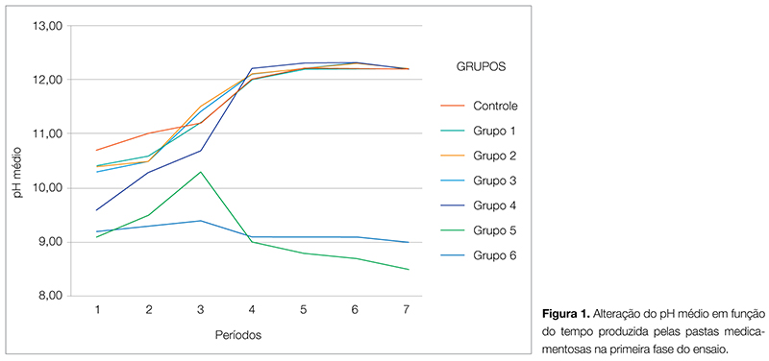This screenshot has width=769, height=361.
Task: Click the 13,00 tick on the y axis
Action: pyautogui.click(x=46, y=25)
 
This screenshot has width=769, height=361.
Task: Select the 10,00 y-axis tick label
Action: pyautogui.click(x=46, y=187)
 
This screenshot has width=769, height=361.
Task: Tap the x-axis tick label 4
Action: pyautogui.click(x=251, y=309)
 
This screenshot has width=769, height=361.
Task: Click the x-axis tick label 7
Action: pyautogui.click(x=408, y=309)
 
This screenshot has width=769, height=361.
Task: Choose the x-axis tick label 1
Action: pyautogui.click(x=97, y=309)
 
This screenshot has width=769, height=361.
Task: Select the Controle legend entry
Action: pyautogui.click(x=495, y=105)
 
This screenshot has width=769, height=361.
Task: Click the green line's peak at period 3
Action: pyautogui.click(x=200, y=172)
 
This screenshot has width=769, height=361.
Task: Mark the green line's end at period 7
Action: pyautogui.click(x=409, y=269)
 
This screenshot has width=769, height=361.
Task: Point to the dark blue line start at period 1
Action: pyautogui.click(x=97, y=209)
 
